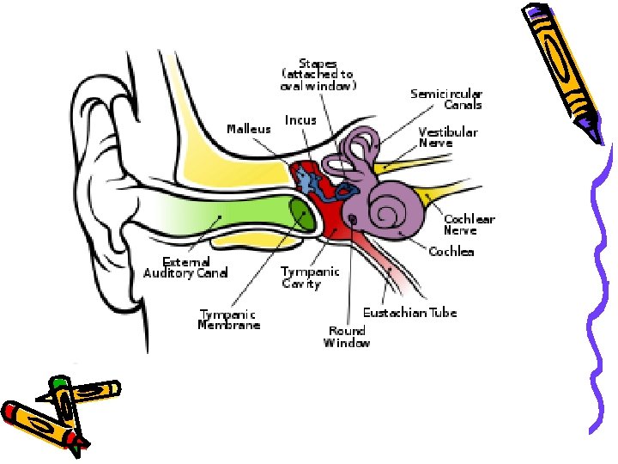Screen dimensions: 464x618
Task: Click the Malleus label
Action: click(x=248, y=129)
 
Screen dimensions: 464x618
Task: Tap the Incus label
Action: click(x=300, y=120)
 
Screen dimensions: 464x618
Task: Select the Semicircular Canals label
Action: click(x=446, y=99)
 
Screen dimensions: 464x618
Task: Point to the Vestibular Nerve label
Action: click(x=447, y=137)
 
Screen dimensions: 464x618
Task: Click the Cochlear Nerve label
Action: click(x=469, y=224)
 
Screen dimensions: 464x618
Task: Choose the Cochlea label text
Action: click(x=451, y=252)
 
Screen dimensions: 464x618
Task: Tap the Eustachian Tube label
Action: click(x=409, y=313)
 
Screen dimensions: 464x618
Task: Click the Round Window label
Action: click(x=347, y=337)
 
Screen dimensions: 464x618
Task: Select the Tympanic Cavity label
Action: click(x=310, y=277)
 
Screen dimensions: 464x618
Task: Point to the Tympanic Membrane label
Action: click(x=229, y=320)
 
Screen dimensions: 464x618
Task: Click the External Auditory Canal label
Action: click(x=186, y=267)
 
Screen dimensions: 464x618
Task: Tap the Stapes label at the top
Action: click(x=318, y=75)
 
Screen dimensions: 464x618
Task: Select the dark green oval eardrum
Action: click(x=301, y=214)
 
